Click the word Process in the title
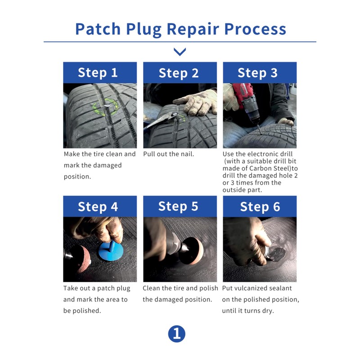pos(255,29)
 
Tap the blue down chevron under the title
pos(180,52)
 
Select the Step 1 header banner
pos(99,73)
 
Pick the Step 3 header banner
pos(259,73)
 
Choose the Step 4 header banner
pos(99,207)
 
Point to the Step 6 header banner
pos(259,207)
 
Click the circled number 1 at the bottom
pos(176,333)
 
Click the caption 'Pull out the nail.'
pos(169,154)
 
